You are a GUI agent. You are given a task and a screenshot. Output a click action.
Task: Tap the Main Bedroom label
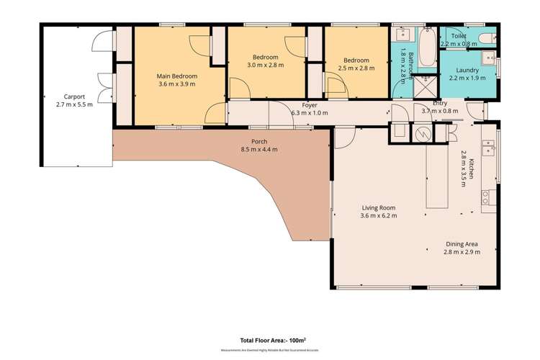coord(177,76)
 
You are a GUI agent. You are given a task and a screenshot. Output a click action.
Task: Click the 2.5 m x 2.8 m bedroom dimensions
coord(356,68)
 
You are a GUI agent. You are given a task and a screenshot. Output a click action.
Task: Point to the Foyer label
coord(310,106)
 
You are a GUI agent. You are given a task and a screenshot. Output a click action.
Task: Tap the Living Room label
coord(378,207)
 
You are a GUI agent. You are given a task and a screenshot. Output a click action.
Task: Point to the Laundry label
coord(467,70)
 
